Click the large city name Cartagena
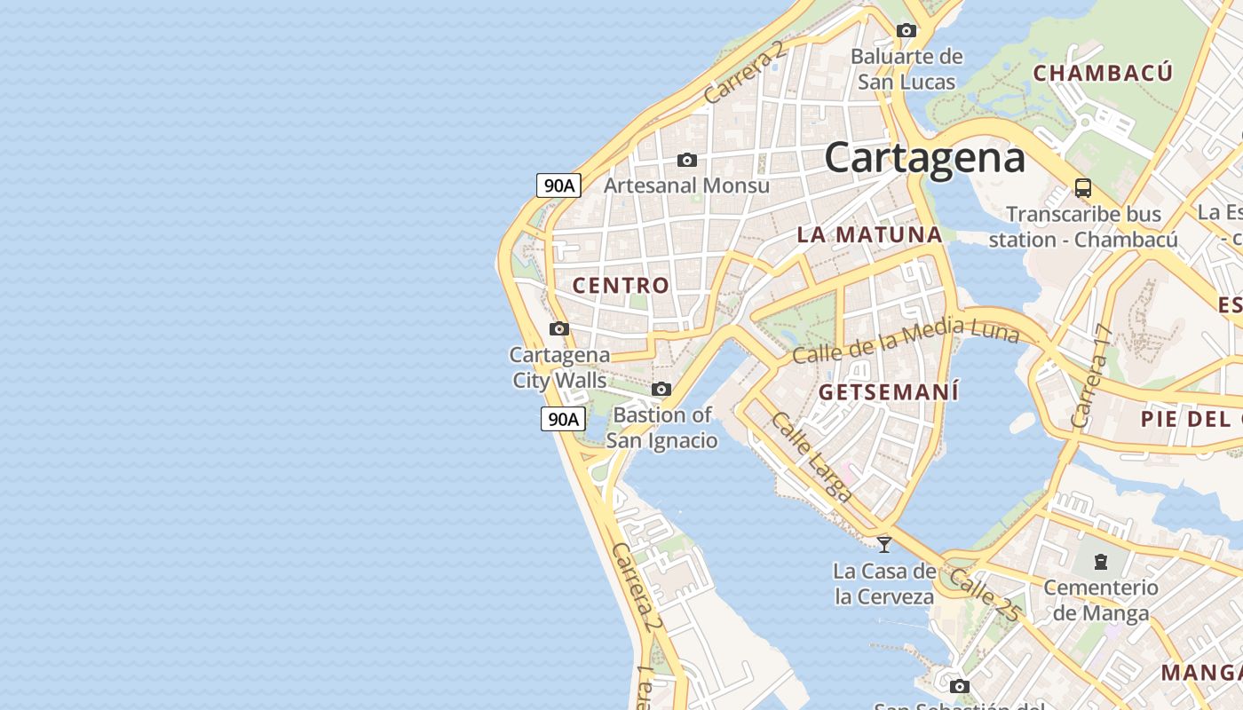(x=924, y=158)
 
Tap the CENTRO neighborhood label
(x=621, y=286)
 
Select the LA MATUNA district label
(x=869, y=235)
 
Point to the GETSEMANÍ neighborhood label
(x=889, y=392)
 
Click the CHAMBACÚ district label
(x=1103, y=73)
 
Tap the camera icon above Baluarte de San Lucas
(x=907, y=30)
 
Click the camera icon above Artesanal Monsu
(x=686, y=160)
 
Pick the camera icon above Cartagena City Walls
(x=558, y=328)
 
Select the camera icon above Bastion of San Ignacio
(x=661, y=389)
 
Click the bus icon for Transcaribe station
(x=1083, y=188)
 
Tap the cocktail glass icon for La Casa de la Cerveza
(x=884, y=544)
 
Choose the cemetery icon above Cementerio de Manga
(x=1101, y=561)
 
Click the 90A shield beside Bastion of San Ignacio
(x=563, y=419)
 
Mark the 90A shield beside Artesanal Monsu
(x=558, y=185)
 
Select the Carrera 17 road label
(x=1092, y=376)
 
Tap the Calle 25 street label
(x=986, y=595)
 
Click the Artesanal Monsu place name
(x=686, y=185)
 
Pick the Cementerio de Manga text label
(x=1101, y=600)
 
